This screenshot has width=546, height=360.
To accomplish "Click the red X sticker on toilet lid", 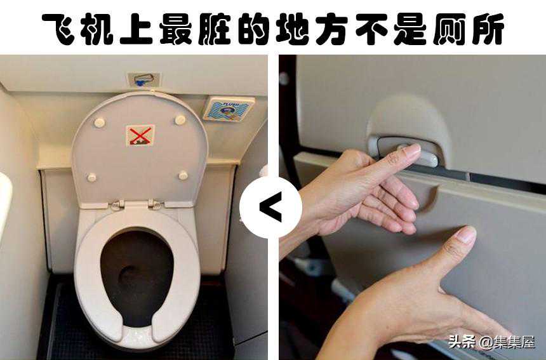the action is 140,135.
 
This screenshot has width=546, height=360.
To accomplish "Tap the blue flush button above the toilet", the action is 140,83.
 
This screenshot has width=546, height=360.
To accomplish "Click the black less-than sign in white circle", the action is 270,207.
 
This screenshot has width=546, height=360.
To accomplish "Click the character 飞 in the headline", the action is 59,29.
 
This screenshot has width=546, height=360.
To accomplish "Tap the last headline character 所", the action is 486,29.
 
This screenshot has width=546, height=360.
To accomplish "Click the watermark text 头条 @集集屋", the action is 491,342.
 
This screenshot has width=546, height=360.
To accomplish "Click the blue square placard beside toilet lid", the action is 229,109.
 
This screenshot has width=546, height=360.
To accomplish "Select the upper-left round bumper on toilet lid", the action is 99,123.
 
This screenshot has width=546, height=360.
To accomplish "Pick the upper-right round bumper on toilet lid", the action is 180,120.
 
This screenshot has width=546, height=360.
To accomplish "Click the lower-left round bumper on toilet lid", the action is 91,177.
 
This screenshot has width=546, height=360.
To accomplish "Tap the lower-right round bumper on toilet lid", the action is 183,175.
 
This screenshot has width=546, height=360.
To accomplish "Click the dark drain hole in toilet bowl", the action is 130,276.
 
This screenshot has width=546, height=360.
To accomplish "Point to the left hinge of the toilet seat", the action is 117,205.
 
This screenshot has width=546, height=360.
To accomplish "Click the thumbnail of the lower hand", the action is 466,235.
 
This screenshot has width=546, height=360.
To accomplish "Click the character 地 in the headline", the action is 291,29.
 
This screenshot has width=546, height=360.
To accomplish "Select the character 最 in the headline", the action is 175,29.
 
